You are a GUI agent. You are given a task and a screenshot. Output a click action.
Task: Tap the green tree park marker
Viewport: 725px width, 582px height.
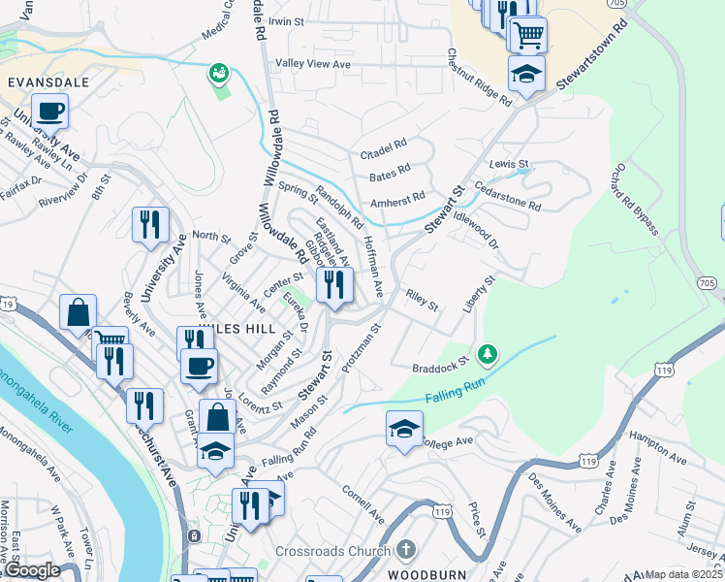point(489,352)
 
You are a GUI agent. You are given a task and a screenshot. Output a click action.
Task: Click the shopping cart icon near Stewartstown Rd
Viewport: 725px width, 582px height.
point(528,36)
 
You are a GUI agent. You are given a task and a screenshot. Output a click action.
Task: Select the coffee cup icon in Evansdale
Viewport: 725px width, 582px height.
point(49,111)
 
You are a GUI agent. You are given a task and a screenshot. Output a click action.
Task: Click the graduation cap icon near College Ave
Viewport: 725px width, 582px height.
point(404,428)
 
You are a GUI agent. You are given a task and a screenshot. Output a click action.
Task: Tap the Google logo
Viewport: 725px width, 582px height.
point(32,571)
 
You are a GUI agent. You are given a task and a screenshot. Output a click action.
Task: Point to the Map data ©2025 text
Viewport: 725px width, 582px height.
point(683,574)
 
